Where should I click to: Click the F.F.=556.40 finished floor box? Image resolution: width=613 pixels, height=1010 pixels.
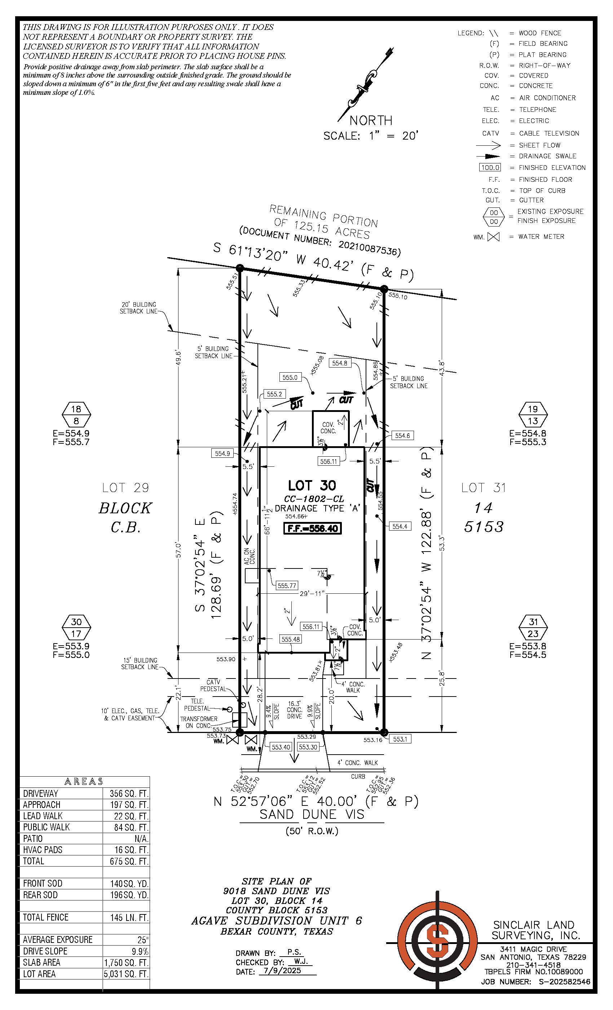click(313, 528)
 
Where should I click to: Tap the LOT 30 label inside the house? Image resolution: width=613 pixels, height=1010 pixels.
click(312, 486)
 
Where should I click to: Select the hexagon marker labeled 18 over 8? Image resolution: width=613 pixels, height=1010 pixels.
click(76, 414)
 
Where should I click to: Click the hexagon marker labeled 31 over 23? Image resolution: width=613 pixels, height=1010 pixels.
click(533, 628)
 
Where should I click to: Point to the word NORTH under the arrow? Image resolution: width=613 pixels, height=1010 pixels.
click(371, 120)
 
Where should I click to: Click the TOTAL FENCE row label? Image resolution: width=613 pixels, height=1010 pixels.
click(45, 917)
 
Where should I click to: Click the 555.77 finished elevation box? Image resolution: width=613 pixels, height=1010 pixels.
click(287, 586)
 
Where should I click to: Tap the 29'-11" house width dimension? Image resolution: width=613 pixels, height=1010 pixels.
click(312, 593)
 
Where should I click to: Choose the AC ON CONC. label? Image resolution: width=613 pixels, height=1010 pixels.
click(250, 557)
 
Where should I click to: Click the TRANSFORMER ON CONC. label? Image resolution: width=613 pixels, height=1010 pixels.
click(199, 722)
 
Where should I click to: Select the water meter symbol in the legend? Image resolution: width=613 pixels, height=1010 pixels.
click(493, 237)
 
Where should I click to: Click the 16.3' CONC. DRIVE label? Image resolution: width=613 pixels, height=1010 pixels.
click(294, 710)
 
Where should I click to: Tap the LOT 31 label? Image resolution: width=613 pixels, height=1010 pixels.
click(484, 488)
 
